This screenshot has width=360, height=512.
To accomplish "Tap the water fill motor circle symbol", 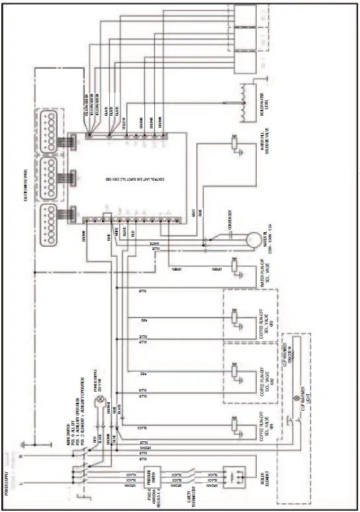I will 252,239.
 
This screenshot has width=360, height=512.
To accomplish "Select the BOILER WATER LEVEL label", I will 264,99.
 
